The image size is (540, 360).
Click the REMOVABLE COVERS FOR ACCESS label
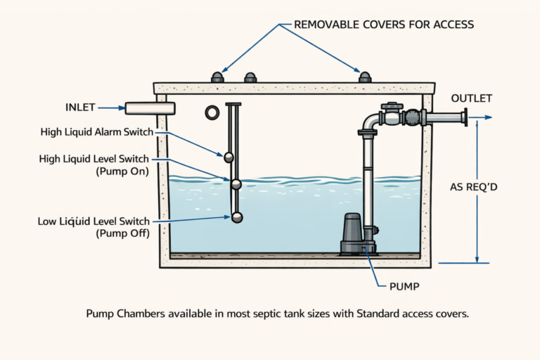pyautogui.click(x=384, y=25)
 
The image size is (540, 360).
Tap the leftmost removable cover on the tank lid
pyautogui.click(x=217, y=77)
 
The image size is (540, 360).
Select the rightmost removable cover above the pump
pyautogui.click(x=364, y=77)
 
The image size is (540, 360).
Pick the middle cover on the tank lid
pyautogui.click(x=250, y=77)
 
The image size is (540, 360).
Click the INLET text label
pyautogui.click(x=79, y=108)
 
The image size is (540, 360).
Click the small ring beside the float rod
pyautogui.click(x=212, y=112)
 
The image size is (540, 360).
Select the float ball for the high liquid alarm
pyautogui.click(x=228, y=156)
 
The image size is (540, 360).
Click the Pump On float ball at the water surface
pyautogui.click(x=236, y=184)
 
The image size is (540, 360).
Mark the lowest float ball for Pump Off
pyautogui.click(x=238, y=218)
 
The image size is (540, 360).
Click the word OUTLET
pyautogui.click(x=471, y=98)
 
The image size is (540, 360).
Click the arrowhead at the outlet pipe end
pyautogui.click(x=489, y=117)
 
